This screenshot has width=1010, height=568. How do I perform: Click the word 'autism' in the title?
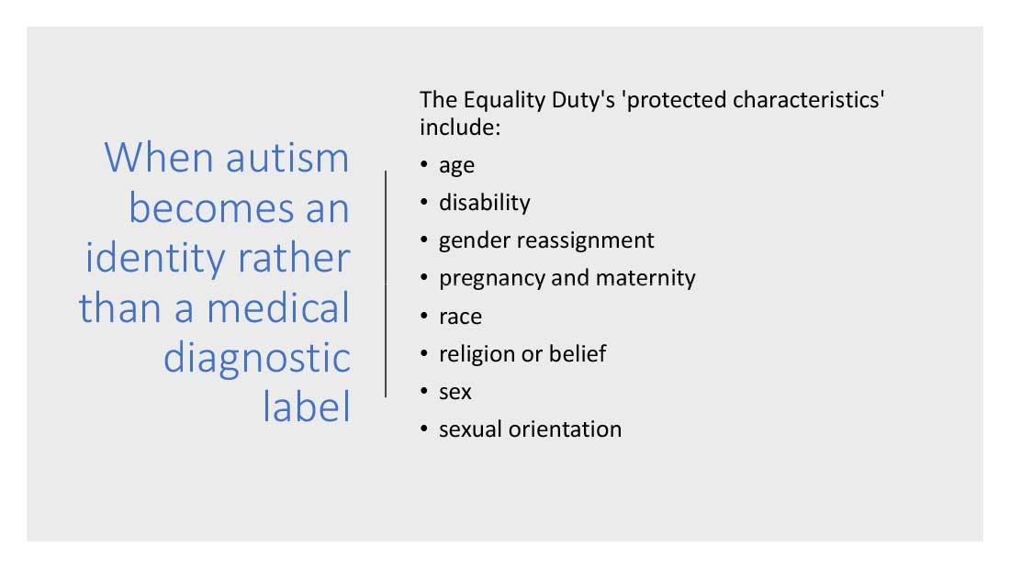pyautogui.click(x=287, y=158)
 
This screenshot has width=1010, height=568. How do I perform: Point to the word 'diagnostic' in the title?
pyautogui.click(x=256, y=359)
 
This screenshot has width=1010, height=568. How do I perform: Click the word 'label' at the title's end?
pyautogui.click(x=307, y=407)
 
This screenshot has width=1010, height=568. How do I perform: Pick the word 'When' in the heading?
pyautogui.click(x=159, y=157)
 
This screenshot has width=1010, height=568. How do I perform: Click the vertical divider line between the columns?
pyautogui.click(x=386, y=284)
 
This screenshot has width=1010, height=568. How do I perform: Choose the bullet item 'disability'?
pyautogui.click(x=485, y=203)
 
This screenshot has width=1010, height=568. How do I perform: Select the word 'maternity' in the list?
pyautogui.click(x=645, y=278)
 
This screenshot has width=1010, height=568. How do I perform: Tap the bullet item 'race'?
pyautogui.click(x=460, y=317)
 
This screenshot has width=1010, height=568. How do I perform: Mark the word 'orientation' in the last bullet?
pyautogui.click(x=565, y=429)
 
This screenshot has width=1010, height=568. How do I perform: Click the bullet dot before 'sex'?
pyautogui.click(x=424, y=391)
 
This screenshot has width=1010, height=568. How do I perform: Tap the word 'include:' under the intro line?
pyautogui.click(x=460, y=128)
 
